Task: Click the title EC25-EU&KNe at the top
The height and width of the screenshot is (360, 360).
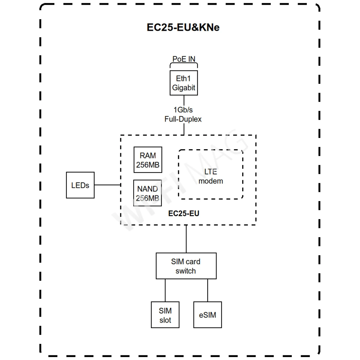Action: pyautogui.click(x=183, y=27)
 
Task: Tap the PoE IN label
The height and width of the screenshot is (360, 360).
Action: pyautogui.click(x=184, y=59)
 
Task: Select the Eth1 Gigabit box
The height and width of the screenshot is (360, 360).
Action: pyautogui.click(x=184, y=83)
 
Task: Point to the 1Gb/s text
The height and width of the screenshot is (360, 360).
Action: pyautogui.click(x=183, y=110)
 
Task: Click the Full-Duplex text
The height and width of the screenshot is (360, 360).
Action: pyautogui.click(x=183, y=119)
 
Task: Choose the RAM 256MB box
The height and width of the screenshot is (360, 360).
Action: pyautogui.click(x=148, y=160)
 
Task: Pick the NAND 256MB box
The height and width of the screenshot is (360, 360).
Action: pyautogui.click(x=147, y=193)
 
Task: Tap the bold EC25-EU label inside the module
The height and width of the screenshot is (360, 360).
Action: pyautogui.click(x=183, y=214)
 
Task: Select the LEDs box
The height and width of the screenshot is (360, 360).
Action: pyautogui.click(x=80, y=185)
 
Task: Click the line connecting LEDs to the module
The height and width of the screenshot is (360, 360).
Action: pyautogui.click(x=107, y=185)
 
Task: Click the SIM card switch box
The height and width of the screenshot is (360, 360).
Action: pyautogui.click(x=186, y=266)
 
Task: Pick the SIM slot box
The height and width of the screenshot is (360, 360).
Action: pyautogui.click(x=165, y=315)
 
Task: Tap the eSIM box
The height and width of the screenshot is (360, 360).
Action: pyautogui.click(x=207, y=315)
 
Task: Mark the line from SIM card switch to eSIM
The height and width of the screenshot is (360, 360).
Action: pyautogui.click(x=208, y=290)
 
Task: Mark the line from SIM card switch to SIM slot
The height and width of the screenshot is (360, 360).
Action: pyautogui.click(x=165, y=290)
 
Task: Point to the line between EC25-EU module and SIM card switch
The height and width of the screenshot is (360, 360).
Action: pyautogui.click(x=186, y=239)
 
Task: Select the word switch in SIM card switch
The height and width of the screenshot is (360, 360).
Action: pyautogui.click(x=185, y=271)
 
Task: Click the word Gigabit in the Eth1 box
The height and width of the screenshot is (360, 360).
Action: pyautogui.click(x=184, y=88)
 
